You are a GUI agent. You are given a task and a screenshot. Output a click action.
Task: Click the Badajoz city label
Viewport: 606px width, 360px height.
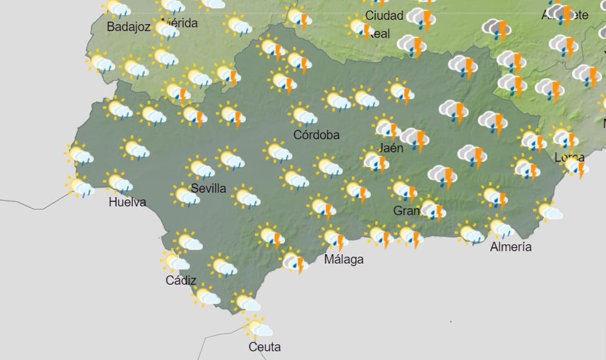click(128, 27)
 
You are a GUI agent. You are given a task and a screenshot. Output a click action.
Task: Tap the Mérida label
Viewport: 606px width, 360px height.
click(181, 23)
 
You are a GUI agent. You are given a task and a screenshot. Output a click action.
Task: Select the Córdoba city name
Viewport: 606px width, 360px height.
click(317, 135)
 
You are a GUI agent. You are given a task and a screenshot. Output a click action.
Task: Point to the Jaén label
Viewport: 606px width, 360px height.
click(391, 148)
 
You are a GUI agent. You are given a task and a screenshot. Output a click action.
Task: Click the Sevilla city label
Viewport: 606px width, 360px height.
click(209, 188)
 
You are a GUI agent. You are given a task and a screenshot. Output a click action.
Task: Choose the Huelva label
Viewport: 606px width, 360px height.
click(127, 202)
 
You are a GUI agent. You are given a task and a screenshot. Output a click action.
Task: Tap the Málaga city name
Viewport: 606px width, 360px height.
click(344, 260)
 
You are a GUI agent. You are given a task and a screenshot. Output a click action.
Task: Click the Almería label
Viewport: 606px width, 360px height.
click(511, 247)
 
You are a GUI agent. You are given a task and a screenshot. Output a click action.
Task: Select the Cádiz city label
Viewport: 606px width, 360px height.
click(181, 280)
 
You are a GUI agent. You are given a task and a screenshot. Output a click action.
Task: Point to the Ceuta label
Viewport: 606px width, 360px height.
click(265, 347)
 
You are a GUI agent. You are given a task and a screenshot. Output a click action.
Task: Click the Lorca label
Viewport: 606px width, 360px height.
click(570, 158)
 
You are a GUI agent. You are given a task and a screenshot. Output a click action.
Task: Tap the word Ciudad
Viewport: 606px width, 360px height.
click(384, 15)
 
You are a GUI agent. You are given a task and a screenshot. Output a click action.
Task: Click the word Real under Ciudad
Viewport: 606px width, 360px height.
click(379, 34)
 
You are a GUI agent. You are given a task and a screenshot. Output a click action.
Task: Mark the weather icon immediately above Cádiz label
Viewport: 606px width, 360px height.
click(176, 261)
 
